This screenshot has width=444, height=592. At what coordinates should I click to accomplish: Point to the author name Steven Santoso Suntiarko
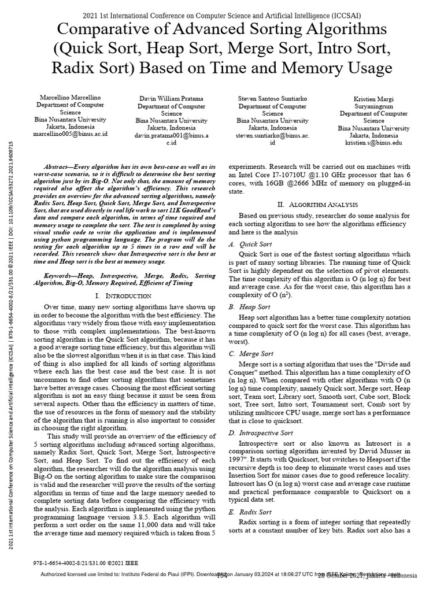point(272,99)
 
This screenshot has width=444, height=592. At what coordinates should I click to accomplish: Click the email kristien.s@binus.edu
point(373,142)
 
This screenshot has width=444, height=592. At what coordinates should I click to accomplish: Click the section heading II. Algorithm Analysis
point(326,205)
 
